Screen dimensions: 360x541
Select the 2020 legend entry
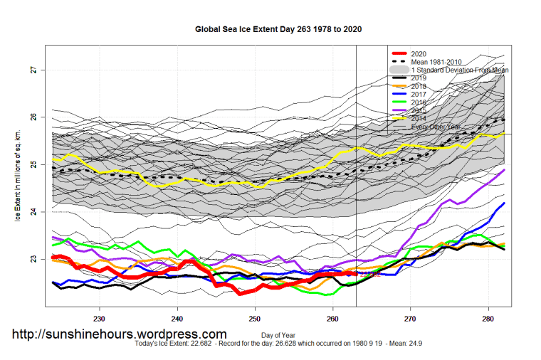[x=419, y=54]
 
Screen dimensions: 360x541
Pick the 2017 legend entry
[x=419, y=94]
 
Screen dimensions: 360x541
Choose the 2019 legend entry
[x=419, y=78]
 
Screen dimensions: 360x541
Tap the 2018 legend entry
[x=419, y=86]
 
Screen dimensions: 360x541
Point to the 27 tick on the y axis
[x=33, y=70]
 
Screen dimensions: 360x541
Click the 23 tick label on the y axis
[x=33, y=259]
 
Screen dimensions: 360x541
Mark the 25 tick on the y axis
[x=33, y=164]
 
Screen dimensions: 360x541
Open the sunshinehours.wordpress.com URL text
[x=120, y=333]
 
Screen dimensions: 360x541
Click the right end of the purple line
[x=504, y=170]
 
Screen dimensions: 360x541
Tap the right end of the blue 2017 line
[x=504, y=203]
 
